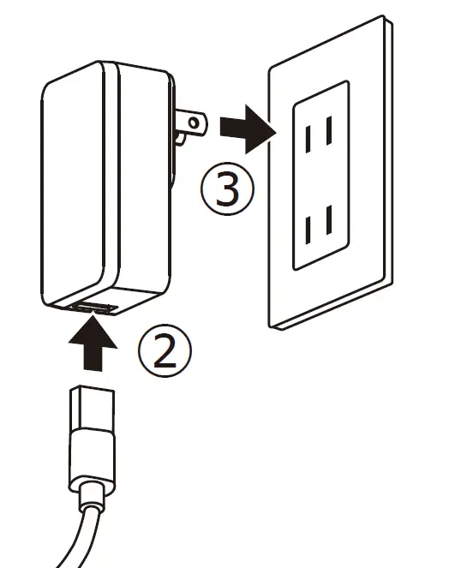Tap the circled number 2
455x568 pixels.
tap(164, 350)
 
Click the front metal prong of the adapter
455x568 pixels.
tap(190, 125)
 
